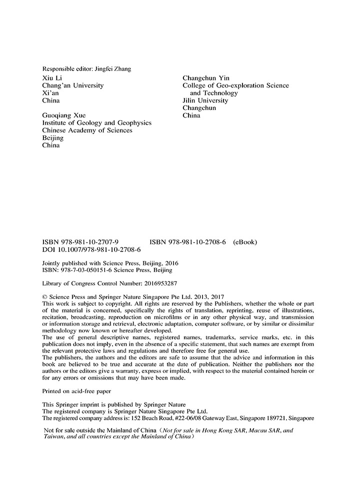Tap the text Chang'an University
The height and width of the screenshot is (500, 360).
[73, 85]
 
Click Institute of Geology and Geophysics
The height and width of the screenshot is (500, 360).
[96, 123]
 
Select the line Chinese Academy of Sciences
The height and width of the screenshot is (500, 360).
[87, 130]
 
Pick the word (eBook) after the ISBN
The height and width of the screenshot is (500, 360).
[245, 242]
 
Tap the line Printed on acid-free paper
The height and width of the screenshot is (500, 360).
[76, 391]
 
